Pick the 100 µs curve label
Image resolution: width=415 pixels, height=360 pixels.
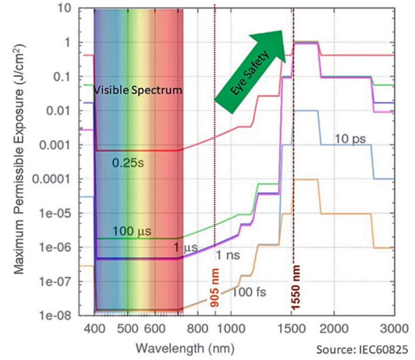click(x=132, y=232)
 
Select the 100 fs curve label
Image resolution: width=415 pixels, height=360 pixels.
click(x=249, y=291)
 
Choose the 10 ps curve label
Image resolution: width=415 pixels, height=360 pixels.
click(x=350, y=139)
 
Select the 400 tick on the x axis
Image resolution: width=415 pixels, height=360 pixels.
click(x=95, y=329)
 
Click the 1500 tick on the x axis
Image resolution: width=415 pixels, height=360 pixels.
click(x=292, y=329)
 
